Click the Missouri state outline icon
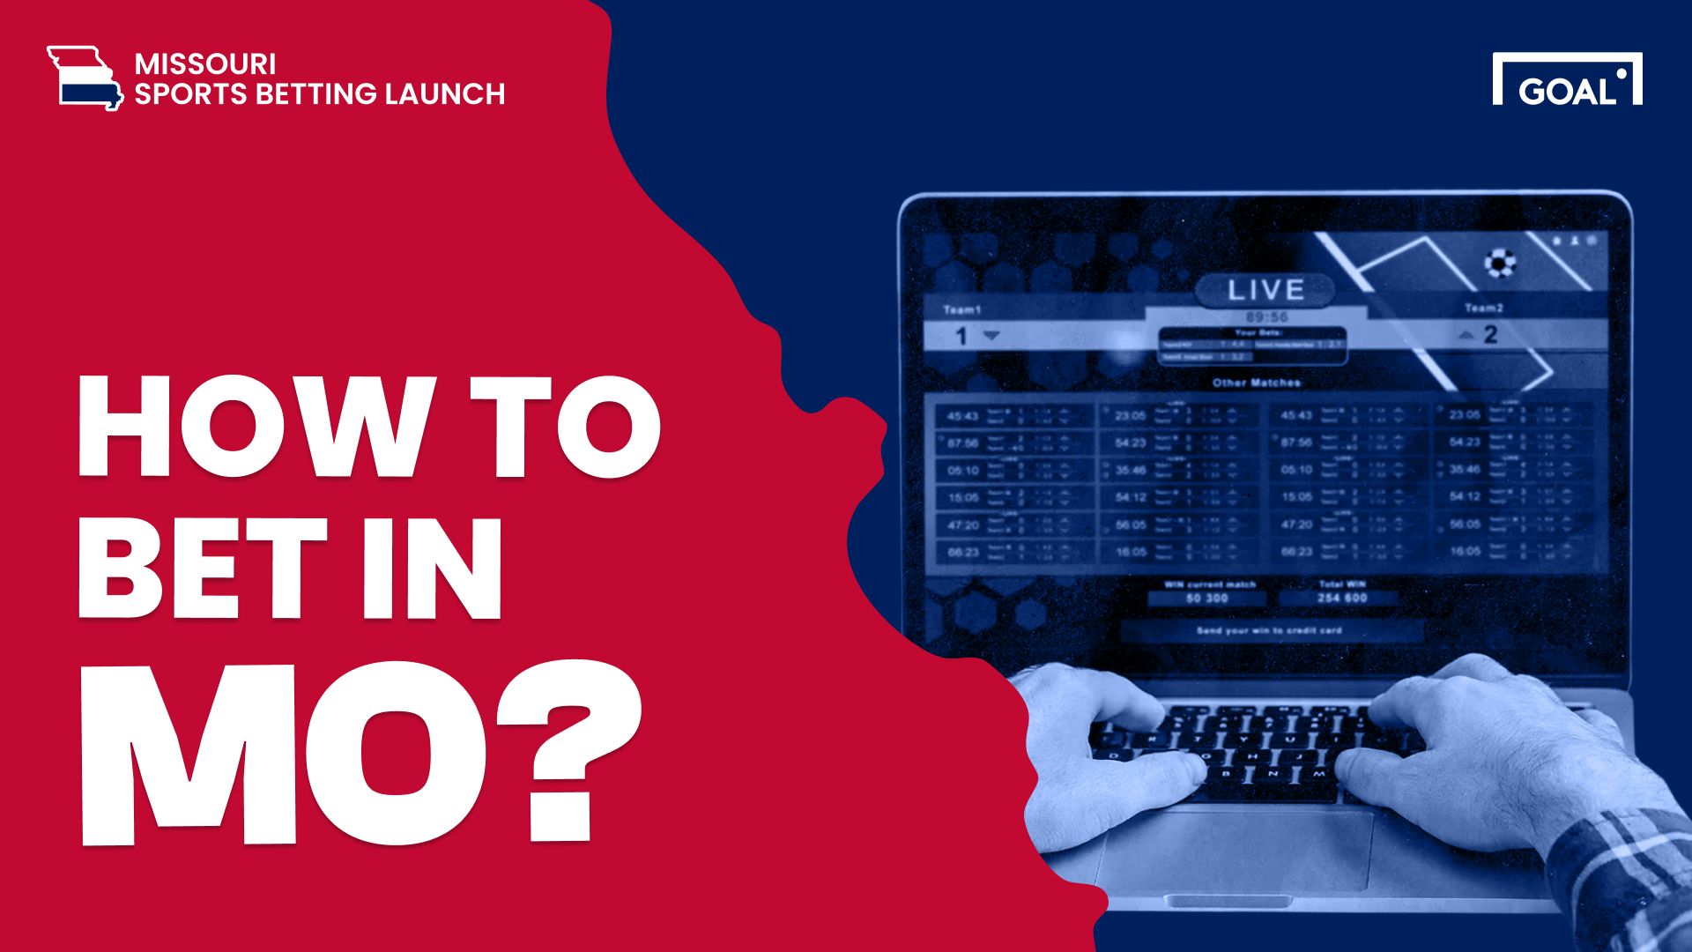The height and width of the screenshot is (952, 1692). [85, 78]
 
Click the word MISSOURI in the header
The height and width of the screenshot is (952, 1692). [205, 64]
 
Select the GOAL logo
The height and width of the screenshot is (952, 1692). [1567, 80]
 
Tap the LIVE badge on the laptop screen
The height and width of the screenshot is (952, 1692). [1265, 289]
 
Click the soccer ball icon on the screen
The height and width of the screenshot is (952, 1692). [1500, 262]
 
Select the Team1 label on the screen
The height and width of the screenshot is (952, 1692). [961, 309]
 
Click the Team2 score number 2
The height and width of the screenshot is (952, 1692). [1490, 335]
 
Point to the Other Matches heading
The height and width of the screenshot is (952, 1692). [1256, 383]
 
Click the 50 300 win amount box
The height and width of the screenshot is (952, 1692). [1206, 599]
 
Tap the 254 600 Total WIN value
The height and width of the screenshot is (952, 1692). [1342, 599]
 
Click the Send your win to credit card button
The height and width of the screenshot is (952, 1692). [1269, 631]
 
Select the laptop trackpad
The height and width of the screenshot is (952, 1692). [1234, 851]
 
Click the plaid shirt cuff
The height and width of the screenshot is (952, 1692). [1621, 873]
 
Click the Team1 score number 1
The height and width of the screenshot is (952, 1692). [961, 336]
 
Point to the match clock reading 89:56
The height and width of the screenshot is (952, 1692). [1266, 316]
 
